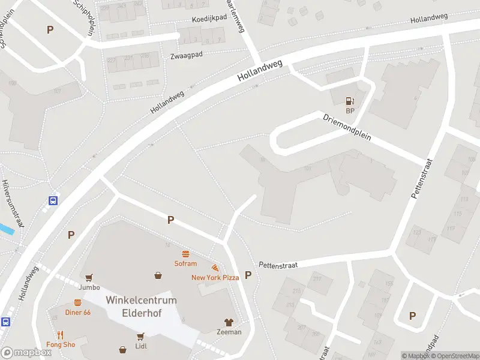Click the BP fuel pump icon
[x=350, y=101]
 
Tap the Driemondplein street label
[x=347, y=127]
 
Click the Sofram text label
[x=185, y=263]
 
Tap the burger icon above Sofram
[x=185, y=254]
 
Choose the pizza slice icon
[x=214, y=268]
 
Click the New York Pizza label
[x=215, y=277]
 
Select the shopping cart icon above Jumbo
[x=89, y=278]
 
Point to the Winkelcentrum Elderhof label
[x=141, y=306]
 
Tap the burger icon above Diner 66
[x=77, y=303]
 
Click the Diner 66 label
[x=77, y=313]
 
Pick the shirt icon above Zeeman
[x=229, y=322]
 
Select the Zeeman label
[x=229, y=332]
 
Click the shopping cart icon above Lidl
[x=141, y=336]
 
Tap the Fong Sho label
[x=61, y=344]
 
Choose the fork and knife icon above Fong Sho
[x=61, y=335]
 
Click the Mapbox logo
[x=26, y=353]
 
